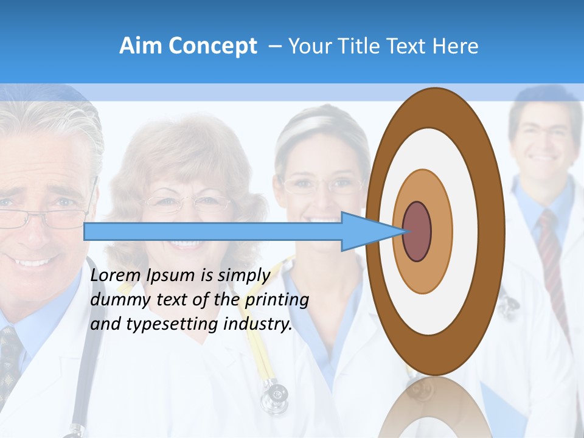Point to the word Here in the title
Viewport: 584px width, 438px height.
[x=456, y=46]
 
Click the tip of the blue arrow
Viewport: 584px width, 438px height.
[x=404, y=231]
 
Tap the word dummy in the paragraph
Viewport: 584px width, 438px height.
[x=116, y=299]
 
